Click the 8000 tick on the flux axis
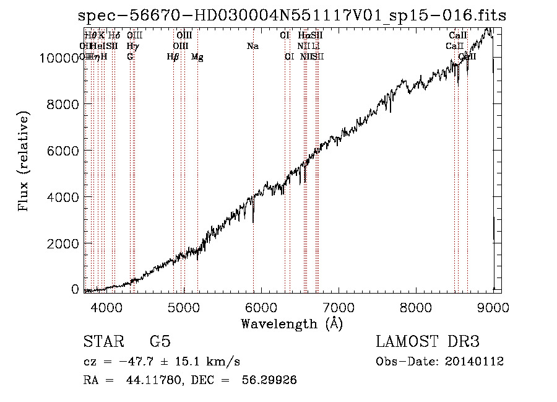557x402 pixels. [x=63, y=105]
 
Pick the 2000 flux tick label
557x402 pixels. [x=63, y=244]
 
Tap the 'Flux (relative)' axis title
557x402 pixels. [x=24, y=162]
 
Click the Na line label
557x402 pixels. [x=253, y=46]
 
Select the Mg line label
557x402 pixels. [x=197, y=57]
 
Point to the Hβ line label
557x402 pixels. [x=173, y=57]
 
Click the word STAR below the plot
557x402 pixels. [x=103, y=342]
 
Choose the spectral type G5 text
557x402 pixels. [x=160, y=342]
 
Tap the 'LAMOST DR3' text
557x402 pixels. [x=428, y=342]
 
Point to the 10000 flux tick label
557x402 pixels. [x=59, y=58]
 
